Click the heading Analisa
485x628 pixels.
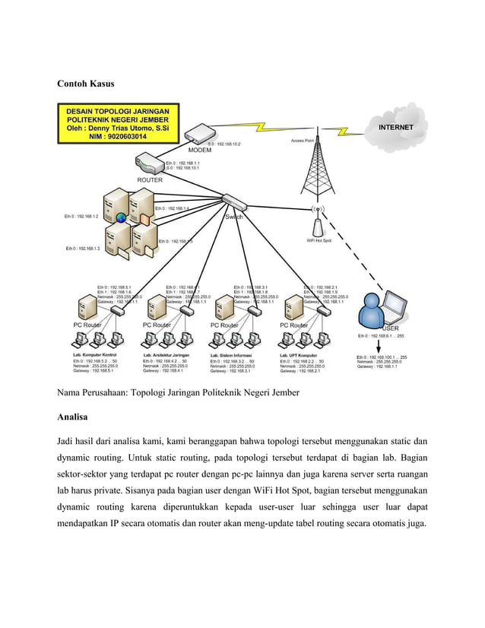point(77,417)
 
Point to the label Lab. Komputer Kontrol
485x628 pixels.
point(94,355)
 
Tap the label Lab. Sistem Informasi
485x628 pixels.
point(233,355)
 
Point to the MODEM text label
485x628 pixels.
point(200,150)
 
